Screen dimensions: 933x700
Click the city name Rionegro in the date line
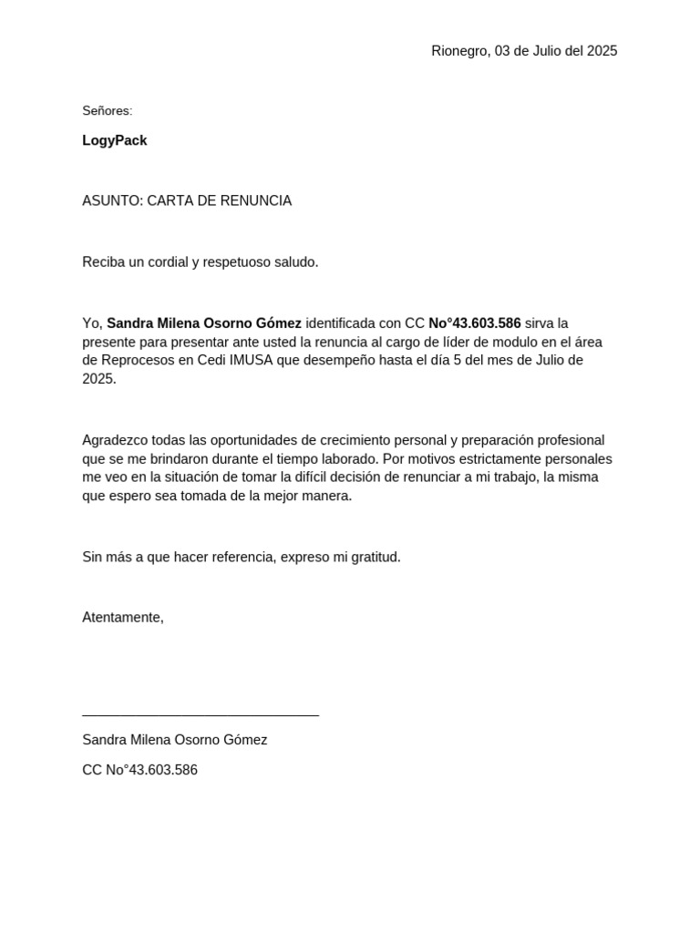point(460,51)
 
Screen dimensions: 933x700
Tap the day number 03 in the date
point(504,51)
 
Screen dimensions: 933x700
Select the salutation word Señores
point(107,111)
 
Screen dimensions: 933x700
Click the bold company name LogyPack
point(115,140)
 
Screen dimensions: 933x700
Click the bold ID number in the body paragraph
point(475,323)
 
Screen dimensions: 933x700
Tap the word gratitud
point(374,557)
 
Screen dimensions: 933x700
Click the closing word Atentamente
point(122,618)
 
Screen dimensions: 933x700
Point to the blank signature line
point(201,715)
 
